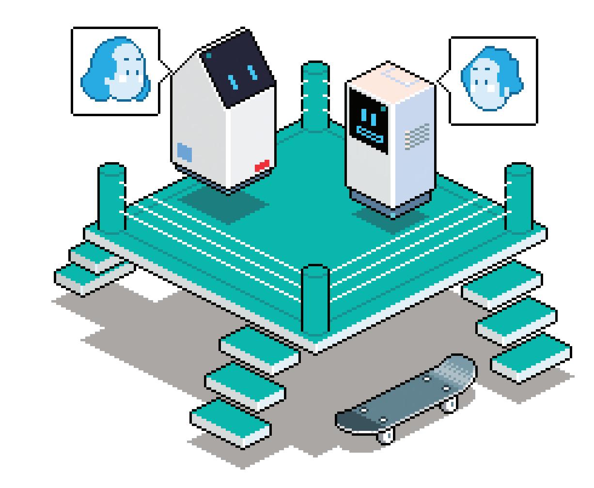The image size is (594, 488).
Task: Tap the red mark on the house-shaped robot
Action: [262, 166]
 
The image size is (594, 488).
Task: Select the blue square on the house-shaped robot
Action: [185, 152]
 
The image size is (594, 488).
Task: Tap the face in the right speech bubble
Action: [490, 80]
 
